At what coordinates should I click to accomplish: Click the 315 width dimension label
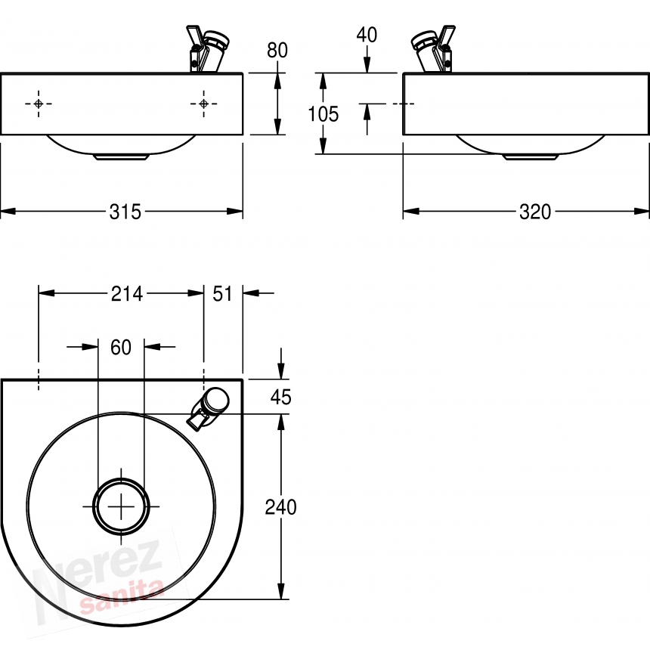point(125,212)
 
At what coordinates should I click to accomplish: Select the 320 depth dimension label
point(535,212)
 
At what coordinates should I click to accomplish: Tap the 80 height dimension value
point(277,51)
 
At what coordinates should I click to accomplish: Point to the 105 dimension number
point(323,114)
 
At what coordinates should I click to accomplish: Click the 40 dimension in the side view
point(367,35)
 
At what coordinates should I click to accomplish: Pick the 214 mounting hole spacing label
point(127,294)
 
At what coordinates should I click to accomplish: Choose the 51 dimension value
point(223,294)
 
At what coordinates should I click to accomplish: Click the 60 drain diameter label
point(121,347)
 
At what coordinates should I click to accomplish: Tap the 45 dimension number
point(280,397)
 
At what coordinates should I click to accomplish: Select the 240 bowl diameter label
point(280,507)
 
